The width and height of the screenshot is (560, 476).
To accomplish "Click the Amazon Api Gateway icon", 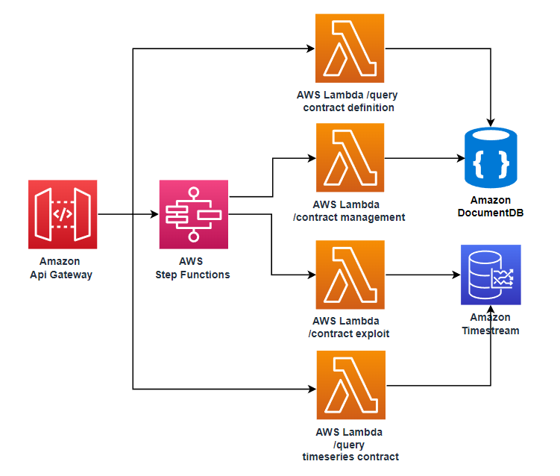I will tap(63, 214).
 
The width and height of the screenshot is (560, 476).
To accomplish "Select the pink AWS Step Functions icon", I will tap(194, 214).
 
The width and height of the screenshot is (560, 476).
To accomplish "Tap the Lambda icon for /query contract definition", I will tap(350, 48).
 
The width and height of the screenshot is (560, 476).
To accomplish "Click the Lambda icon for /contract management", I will tap(350, 157).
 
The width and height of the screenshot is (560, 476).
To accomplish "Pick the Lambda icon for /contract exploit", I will tap(350, 275).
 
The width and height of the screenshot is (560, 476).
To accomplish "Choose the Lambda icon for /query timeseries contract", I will tap(350, 386).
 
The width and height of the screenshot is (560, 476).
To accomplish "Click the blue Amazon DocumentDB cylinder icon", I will tap(491, 157).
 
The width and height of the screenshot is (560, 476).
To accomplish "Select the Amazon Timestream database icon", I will tap(491, 275).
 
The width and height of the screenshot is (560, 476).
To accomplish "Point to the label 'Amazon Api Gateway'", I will tap(63, 268).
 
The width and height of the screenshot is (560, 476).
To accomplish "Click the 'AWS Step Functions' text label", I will tap(193, 268).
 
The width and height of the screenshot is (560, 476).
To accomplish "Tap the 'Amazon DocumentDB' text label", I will tap(491, 206).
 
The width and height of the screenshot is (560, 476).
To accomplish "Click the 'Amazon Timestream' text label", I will tap(490, 325).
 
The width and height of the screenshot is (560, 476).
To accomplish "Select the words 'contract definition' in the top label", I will tap(349, 107).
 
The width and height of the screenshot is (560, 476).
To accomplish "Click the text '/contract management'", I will tap(349, 217).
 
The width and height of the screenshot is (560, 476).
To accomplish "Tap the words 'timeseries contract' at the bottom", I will tap(349, 457).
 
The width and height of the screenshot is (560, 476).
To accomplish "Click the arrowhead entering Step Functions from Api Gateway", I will tap(155, 215).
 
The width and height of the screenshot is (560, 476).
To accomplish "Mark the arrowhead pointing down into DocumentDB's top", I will tap(491, 121).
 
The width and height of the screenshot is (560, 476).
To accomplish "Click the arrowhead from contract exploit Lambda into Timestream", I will tap(456, 275).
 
